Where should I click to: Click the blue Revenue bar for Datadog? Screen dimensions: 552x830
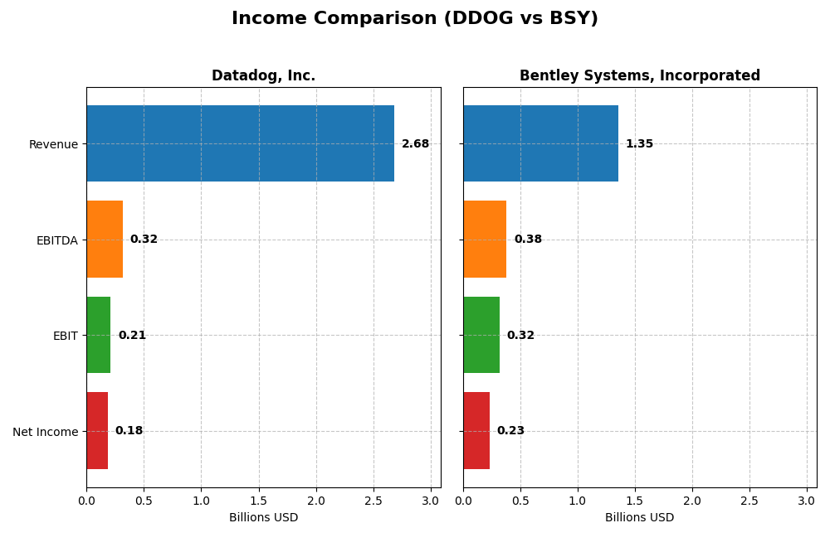coord(240,143)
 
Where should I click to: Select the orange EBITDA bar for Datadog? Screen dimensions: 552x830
coord(105,240)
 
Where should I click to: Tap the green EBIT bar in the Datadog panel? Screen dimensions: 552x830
coord(98,335)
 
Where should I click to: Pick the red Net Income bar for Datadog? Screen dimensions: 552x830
coord(97,431)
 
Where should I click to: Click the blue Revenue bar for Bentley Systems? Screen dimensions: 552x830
coord(540,143)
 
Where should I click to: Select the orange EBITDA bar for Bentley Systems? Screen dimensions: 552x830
coord(485,240)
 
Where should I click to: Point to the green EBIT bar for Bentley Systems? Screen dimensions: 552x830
coord(481,335)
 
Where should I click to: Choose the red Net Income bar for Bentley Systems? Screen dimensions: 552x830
coord(476,431)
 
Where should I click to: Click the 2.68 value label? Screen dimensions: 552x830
coord(415,144)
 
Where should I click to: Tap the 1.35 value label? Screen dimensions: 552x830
coord(639,144)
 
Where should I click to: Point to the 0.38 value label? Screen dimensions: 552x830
coord(528,240)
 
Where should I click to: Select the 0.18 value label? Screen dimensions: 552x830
coord(129,431)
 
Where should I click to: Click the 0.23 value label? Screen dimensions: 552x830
coord(510,431)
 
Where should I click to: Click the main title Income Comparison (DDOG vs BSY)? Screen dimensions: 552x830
coord(415,18)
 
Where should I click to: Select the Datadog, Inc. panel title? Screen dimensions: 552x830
coord(263,76)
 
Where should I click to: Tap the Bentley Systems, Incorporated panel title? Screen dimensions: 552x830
coord(639,76)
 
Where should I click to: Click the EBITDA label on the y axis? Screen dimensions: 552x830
coord(56,240)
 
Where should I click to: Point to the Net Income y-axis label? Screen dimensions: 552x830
coord(45,432)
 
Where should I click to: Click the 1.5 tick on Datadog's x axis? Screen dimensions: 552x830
coord(259,501)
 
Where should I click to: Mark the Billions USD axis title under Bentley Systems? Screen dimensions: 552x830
coord(639,517)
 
